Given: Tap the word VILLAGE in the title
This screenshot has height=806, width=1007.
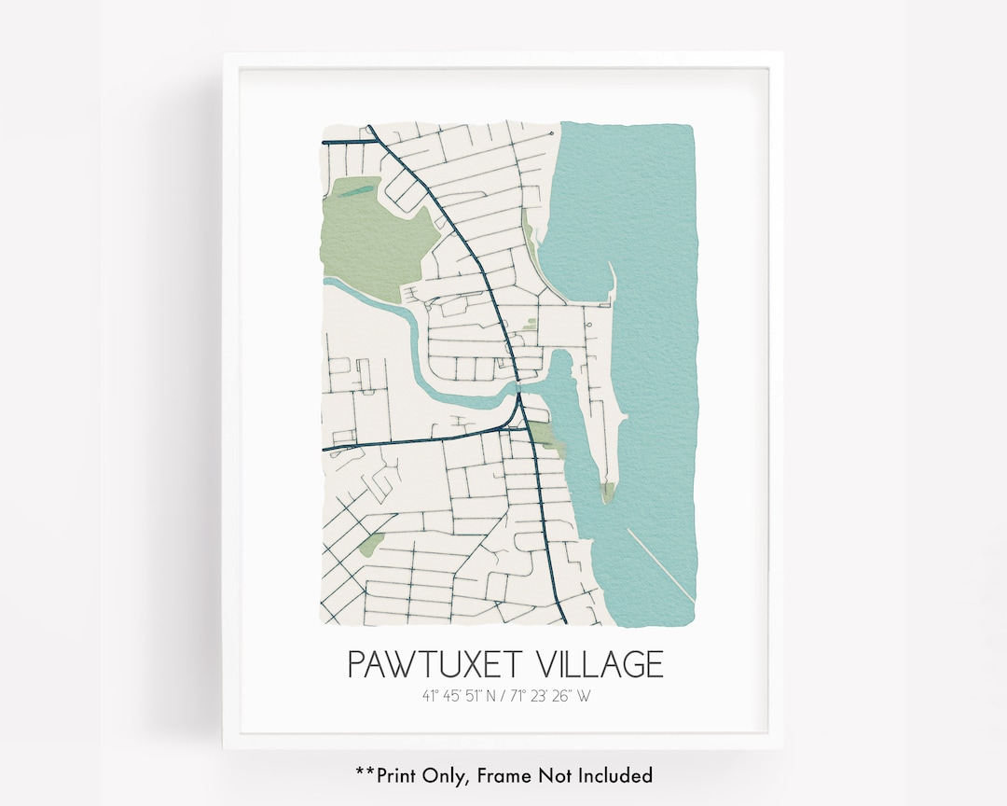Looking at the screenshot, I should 600,664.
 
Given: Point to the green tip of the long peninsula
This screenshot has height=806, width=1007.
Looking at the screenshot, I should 608,492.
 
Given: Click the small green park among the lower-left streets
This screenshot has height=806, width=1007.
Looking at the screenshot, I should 371,544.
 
